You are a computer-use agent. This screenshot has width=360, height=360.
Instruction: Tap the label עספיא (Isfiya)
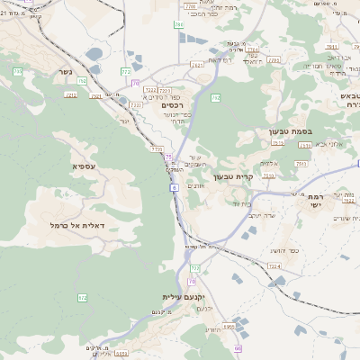[86, 166]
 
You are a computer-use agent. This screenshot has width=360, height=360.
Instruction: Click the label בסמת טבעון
[289, 131]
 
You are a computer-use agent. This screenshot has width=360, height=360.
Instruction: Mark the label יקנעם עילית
[184, 296]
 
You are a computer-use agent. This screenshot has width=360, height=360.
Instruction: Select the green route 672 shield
[83, 297]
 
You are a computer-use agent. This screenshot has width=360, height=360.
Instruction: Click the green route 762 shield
[215, 96]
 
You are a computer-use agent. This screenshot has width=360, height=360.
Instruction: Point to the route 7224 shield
[274, 266]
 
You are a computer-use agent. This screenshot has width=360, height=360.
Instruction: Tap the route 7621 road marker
[197, 65]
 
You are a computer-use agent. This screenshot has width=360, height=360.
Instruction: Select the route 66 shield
[238, 348]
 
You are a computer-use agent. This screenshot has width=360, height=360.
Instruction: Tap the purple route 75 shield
[167, 157]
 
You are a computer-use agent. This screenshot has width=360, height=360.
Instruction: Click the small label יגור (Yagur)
[124, 121]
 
